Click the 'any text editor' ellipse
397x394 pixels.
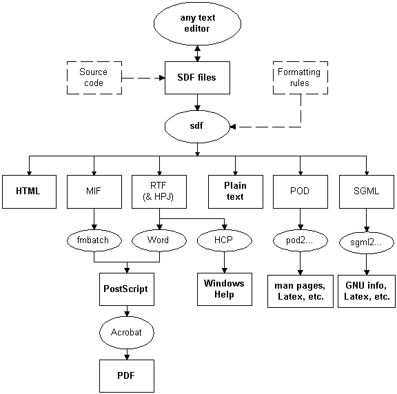(197, 23)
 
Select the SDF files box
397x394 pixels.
(197, 78)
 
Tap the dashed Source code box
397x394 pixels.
(94, 78)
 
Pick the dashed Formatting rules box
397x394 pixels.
(301, 78)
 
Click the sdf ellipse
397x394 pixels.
(197, 127)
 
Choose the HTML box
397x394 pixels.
(29, 191)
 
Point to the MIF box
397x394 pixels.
(94, 191)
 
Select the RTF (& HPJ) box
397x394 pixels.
(159, 191)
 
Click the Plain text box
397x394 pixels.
(236, 191)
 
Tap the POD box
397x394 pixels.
(301, 191)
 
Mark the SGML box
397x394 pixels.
(367, 191)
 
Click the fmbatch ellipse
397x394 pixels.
(94, 240)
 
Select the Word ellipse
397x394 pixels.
(159, 240)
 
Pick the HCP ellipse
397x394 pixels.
(224, 240)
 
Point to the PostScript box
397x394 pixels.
(127, 289)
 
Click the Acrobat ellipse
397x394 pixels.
(127, 333)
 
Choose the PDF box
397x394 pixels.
(127, 376)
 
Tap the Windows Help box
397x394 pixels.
(225, 289)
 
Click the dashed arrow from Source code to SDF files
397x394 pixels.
(143, 78)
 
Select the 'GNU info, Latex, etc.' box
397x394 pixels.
(367, 291)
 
